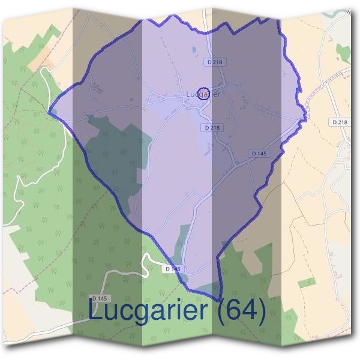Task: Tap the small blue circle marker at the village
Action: click(203, 93)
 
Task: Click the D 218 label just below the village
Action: click(212, 127)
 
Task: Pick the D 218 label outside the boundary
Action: click(339, 122)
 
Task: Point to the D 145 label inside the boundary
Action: click(258, 154)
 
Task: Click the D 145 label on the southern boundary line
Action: click(172, 269)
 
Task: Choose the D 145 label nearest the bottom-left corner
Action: click(100, 298)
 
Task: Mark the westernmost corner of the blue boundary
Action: click(49, 111)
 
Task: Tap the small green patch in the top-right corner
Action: click(343, 53)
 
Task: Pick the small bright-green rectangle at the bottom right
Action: click(306, 282)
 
